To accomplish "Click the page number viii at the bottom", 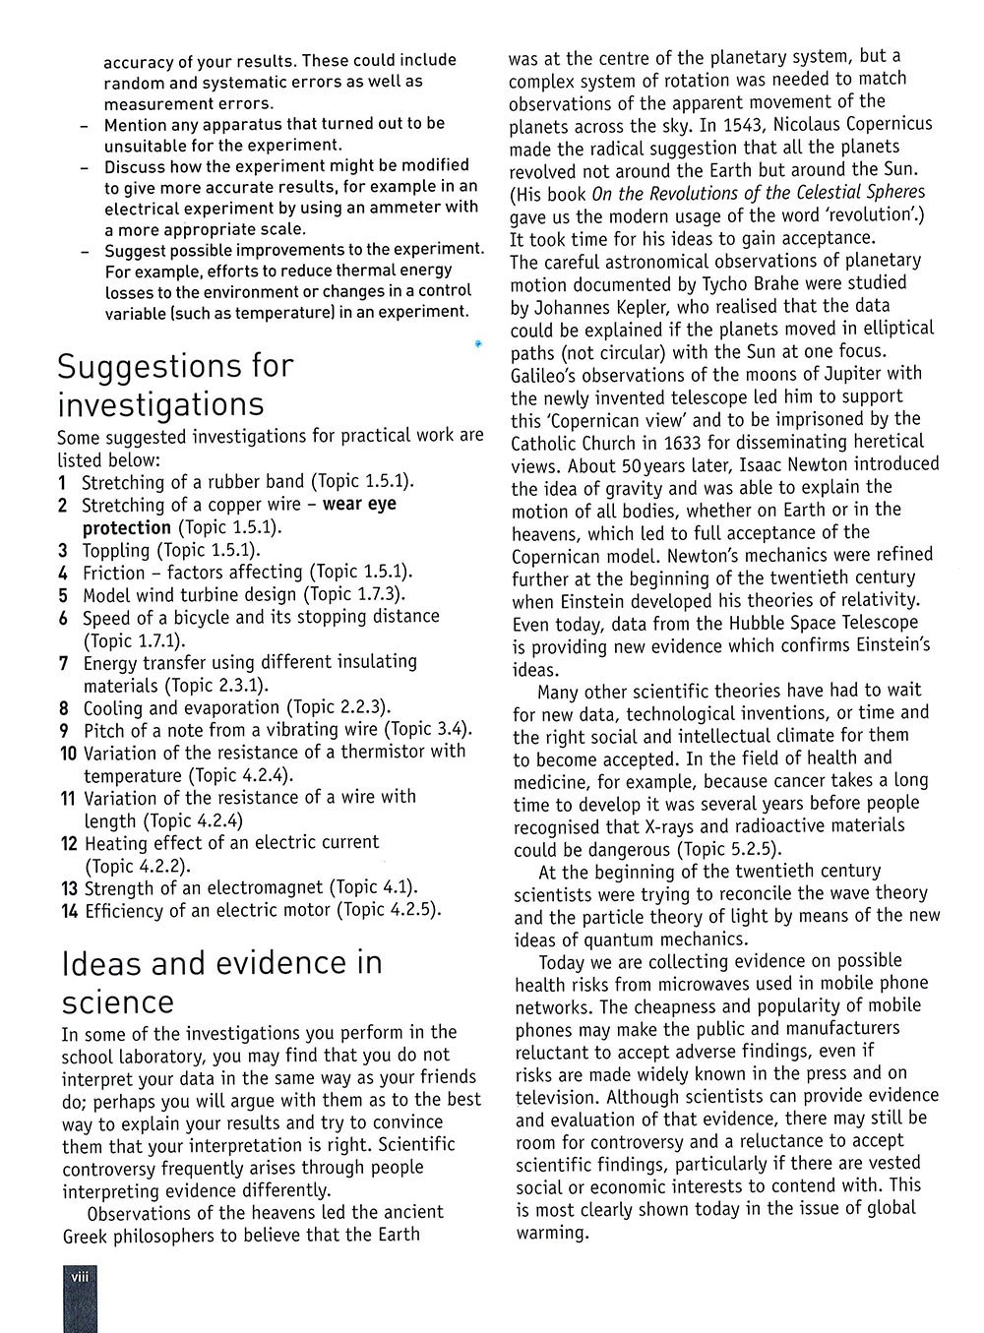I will click(78, 1277).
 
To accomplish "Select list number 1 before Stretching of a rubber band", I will click(62, 483).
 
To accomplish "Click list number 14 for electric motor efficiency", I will click(69, 911).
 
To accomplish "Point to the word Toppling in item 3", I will click(116, 551).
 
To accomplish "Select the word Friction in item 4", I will click(114, 573).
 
